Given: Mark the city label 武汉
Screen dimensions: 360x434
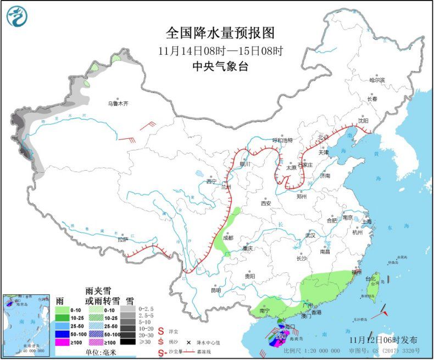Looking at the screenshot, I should point(311,235).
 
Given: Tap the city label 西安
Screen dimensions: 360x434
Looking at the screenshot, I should point(266,203).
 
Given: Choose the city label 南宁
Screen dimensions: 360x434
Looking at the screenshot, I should point(264,311).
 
